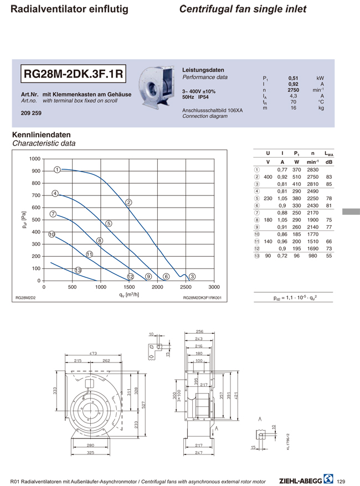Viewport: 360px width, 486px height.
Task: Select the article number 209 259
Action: tap(32, 113)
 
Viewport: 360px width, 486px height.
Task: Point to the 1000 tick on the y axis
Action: tap(34, 159)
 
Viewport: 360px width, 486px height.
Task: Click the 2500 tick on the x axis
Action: tap(186, 287)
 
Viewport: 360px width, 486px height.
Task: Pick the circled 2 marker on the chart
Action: tap(128, 203)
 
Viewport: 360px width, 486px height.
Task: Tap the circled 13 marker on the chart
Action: tap(78, 270)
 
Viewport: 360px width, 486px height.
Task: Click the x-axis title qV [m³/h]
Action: tap(130, 295)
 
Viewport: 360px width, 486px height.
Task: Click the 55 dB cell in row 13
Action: tap(329, 256)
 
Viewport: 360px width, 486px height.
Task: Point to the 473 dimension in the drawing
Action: tap(93, 353)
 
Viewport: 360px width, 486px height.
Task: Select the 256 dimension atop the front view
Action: tap(199, 332)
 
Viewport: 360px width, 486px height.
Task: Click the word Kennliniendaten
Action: tap(41, 135)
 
